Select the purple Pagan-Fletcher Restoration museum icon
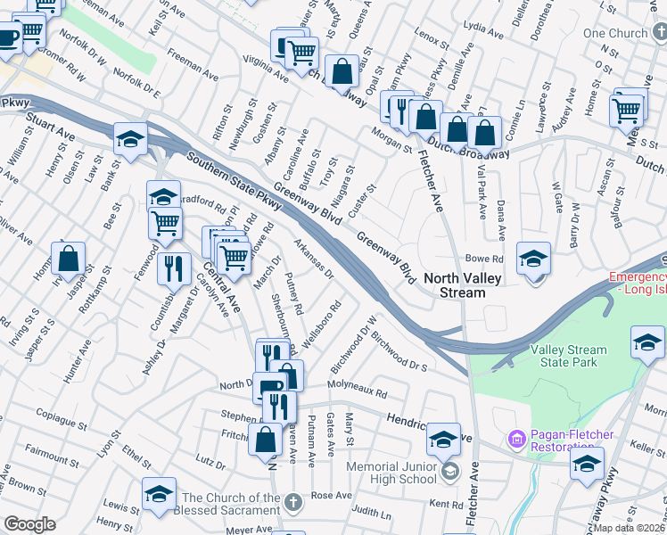coord(515,440)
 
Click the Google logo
coord(29,524)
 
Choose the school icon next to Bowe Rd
coord(533,259)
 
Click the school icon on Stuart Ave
coord(130,139)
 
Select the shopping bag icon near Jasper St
coord(69,259)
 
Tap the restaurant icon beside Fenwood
coord(174,267)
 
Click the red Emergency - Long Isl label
coord(637,284)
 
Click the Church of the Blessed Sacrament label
coord(231,504)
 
